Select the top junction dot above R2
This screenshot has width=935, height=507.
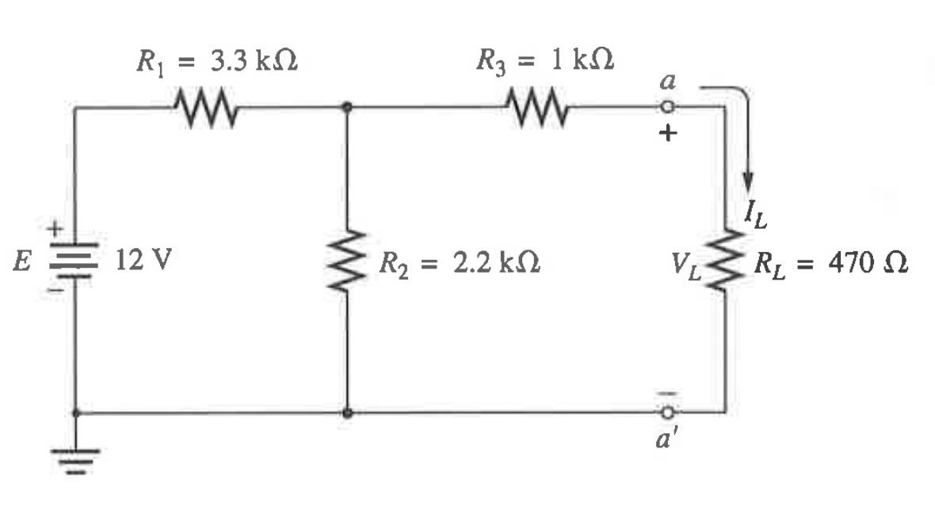(347, 106)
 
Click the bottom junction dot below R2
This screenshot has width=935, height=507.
(347, 412)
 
